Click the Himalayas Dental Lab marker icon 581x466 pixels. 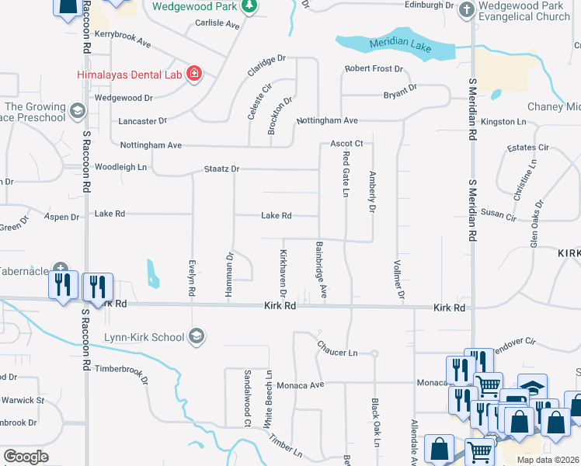click(194, 75)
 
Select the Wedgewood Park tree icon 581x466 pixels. click(249, 7)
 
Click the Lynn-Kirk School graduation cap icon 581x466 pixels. click(197, 336)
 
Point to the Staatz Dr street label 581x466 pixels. click(222, 169)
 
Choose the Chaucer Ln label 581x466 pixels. click(336, 353)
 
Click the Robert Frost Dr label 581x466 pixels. click(374, 69)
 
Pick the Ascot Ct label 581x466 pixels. click(346, 144)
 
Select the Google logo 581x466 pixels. click(26, 457)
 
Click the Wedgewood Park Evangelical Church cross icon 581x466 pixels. click(465, 9)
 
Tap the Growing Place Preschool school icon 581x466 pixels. click(77, 111)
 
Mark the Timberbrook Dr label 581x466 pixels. click(121, 372)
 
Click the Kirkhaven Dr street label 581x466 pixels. click(284, 273)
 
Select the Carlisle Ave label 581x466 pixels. click(217, 24)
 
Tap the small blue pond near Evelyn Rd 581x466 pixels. click(152, 273)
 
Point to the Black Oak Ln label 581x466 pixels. click(374, 423)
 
